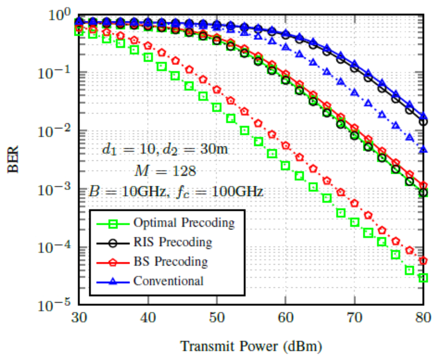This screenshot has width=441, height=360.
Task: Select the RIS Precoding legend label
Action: point(172,242)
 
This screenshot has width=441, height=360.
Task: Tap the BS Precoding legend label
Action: point(170,261)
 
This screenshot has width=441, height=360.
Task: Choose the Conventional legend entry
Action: point(168,281)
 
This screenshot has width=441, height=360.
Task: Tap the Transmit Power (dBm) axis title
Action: point(251,346)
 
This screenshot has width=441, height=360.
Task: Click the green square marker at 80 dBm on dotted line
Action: point(423,278)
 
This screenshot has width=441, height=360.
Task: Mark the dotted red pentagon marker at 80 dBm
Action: point(423,261)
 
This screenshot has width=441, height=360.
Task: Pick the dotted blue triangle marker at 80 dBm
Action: point(423,150)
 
